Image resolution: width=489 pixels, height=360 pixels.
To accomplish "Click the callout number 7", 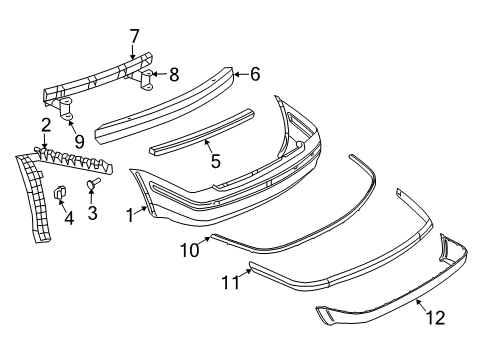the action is click(x=134, y=37).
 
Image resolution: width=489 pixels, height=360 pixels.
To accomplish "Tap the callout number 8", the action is click(x=174, y=74).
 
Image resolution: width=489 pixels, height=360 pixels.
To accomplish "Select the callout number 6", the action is click(x=255, y=74).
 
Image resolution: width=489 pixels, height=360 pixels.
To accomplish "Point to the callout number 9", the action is click(x=79, y=141).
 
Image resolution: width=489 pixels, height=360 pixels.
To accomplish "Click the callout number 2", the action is click(x=46, y=125).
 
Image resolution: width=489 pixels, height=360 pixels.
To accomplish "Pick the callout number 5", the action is click(x=216, y=161).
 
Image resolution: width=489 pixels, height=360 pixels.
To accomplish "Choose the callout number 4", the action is click(x=69, y=218).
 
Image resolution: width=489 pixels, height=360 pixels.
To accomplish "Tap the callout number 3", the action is click(x=92, y=212).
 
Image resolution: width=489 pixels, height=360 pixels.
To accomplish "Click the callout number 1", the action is click(x=130, y=215).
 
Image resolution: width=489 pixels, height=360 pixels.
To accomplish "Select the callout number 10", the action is click(x=190, y=250).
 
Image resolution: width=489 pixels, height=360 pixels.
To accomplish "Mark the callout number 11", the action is click(x=231, y=283).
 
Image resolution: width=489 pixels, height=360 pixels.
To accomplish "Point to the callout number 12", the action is click(x=435, y=318).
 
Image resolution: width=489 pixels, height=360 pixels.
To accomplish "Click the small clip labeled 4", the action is click(x=60, y=192).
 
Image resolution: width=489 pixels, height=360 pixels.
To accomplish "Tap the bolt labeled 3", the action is click(x=93, y=183).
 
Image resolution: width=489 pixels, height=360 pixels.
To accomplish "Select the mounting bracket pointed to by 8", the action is click(x=147, y=80).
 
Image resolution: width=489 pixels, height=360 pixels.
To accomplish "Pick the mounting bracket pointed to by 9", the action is click(x=67, y=108).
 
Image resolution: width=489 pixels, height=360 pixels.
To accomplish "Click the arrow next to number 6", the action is click(x=241, y=74).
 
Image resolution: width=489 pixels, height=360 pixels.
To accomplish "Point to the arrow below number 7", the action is click(x=133, y=52).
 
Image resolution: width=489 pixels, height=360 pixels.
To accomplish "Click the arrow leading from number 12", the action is click(x=421, y=306).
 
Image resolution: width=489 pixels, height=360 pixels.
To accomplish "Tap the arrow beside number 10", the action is click(x=205, y=241).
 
